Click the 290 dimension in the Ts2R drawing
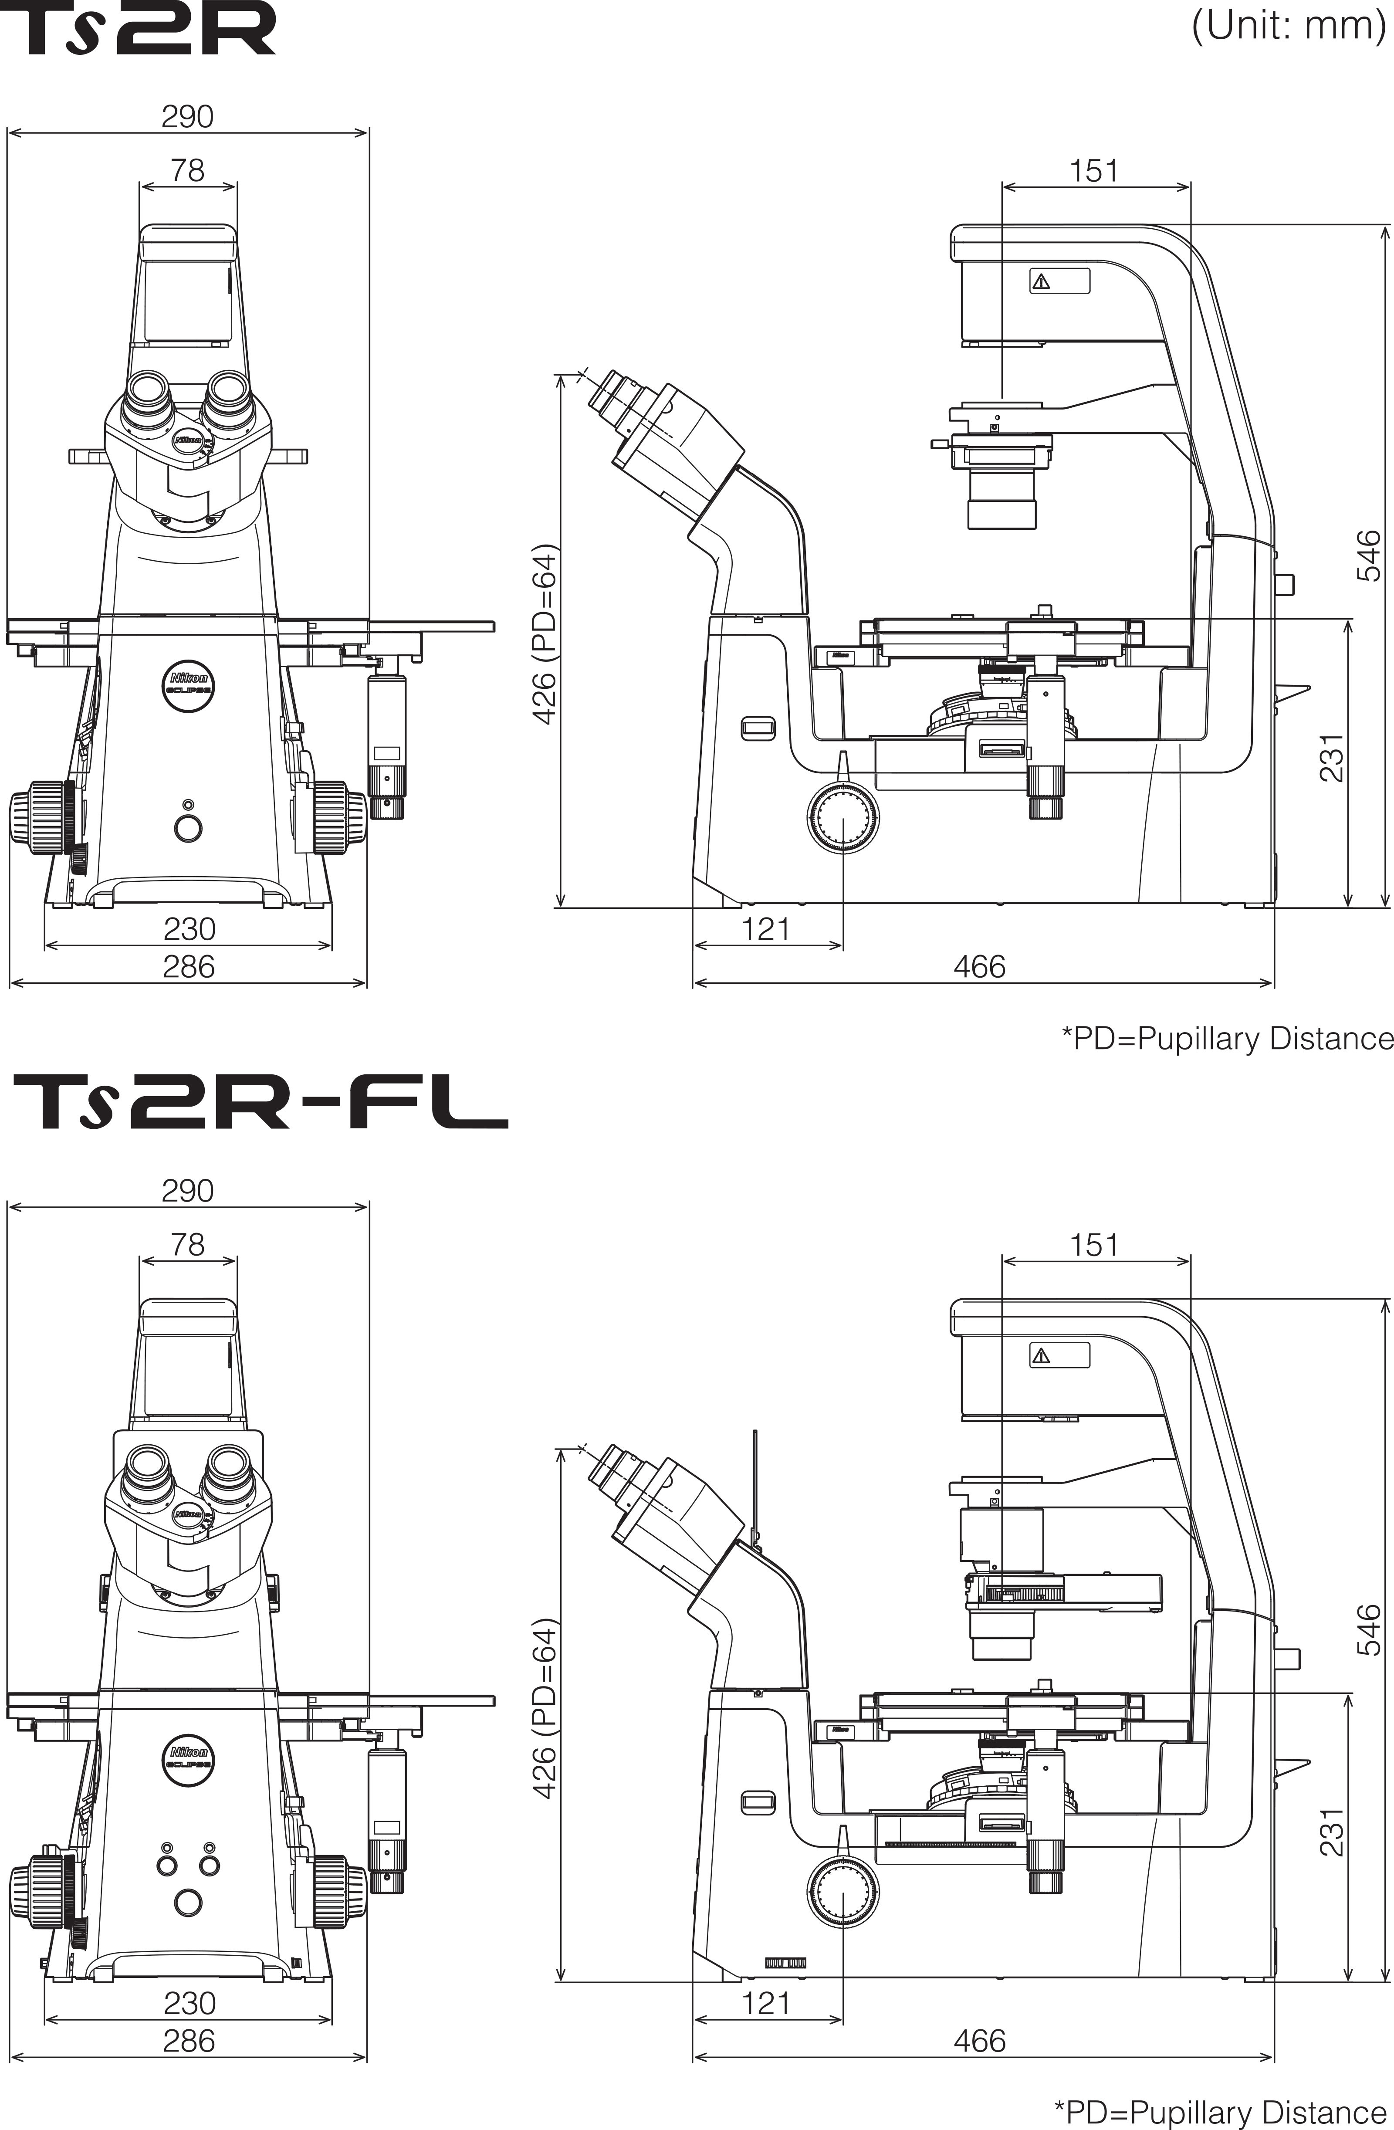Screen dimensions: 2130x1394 187,116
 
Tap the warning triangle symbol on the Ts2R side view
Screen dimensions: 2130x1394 1041,282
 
